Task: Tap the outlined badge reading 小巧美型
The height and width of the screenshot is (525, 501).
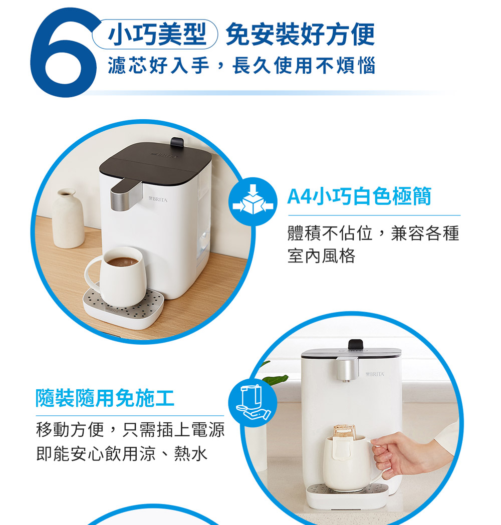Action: point(155,34)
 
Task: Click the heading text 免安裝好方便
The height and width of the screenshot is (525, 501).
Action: point(300,34)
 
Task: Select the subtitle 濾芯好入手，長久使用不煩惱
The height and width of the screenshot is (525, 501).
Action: point(241,65)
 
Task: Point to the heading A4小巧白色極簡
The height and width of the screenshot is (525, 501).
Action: point(359,196)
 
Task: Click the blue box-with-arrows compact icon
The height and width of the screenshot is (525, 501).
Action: point(253,201)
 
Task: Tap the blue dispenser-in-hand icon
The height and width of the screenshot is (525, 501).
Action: point(253,402)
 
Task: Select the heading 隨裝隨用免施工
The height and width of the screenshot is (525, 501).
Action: point(105,398)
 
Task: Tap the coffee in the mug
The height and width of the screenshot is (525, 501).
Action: point(122,261)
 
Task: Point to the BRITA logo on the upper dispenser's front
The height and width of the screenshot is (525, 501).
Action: point(158,199)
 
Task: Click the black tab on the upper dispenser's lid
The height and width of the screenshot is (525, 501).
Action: point(177,142)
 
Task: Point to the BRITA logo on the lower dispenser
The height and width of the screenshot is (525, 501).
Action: point(375,374)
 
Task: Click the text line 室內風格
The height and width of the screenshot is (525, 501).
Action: point(321,256)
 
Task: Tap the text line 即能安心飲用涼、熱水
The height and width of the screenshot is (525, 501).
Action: point(122,454)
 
